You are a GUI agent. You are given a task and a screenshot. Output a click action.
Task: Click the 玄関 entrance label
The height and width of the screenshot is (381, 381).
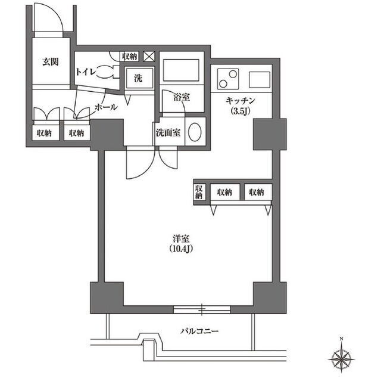[51, 62]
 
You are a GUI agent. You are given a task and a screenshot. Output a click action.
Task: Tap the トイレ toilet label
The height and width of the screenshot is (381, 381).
[85, 72]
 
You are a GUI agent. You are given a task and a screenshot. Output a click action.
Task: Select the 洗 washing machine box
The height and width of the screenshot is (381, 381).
[139, 78]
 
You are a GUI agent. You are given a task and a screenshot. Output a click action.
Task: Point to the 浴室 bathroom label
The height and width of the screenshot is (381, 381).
[182, 97]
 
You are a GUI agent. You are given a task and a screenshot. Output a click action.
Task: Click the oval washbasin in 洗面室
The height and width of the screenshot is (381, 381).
[195, 132]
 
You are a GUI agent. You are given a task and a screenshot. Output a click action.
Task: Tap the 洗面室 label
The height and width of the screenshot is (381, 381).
[168, 133]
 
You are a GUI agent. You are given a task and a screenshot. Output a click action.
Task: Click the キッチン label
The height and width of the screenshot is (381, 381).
[240, 101]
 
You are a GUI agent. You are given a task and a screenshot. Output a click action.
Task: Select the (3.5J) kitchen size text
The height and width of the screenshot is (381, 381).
[240, 111]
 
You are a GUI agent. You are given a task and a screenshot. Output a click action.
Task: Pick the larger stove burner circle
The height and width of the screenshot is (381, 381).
[233, 74]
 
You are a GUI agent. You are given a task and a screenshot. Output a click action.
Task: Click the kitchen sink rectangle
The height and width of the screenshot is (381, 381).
[260, 80]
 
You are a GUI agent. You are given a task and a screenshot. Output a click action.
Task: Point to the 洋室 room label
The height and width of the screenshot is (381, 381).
[181, 239]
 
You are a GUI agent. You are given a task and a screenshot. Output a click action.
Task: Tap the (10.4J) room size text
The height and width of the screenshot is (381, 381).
[181, 249]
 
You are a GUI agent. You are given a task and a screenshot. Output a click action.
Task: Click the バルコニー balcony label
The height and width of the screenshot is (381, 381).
[199, 331]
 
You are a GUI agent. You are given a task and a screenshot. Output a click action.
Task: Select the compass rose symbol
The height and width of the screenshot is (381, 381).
[341, 359]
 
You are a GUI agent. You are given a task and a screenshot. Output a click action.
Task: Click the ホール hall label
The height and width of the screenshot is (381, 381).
[106, 107]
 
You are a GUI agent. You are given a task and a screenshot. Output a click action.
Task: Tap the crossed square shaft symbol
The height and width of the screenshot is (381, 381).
[149, 57]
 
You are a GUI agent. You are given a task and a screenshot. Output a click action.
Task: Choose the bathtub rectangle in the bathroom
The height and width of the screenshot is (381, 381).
[181, 70]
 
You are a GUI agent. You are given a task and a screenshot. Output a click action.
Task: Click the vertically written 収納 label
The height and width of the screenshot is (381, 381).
[199, 192]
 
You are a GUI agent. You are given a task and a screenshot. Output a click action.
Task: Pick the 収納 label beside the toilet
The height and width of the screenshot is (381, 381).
[130, 57]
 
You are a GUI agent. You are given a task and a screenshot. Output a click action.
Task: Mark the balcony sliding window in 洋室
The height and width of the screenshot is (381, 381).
[202, 309]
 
